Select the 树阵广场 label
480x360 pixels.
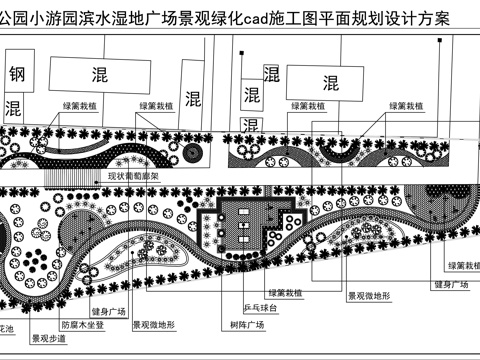click(x=247, y=325)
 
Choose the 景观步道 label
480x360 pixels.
click(x=48, y=338)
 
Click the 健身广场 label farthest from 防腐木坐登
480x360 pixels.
click(x=452, y=284)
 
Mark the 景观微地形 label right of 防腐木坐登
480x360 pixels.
click(x=152, y=325)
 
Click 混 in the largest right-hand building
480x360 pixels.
click(x=332, y=82)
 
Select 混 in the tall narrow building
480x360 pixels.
click(x=193, y=98)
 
